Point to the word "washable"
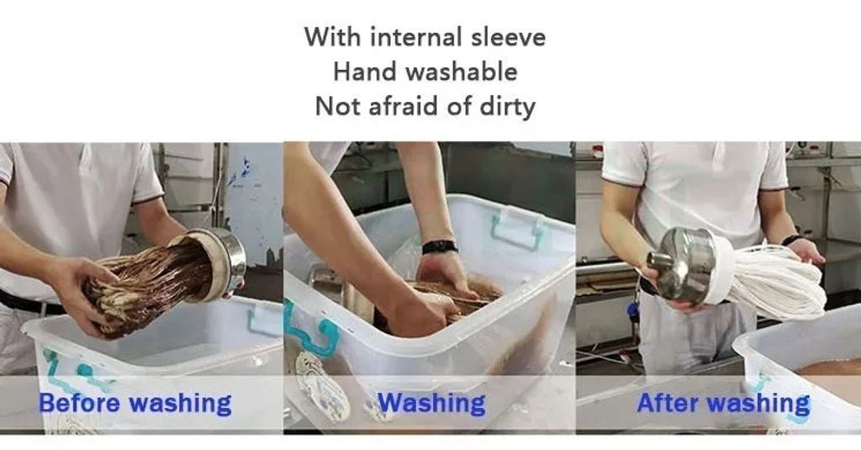463,72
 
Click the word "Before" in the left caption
79,403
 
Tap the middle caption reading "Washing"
432,404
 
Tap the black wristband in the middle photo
439,246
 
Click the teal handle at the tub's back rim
516,230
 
